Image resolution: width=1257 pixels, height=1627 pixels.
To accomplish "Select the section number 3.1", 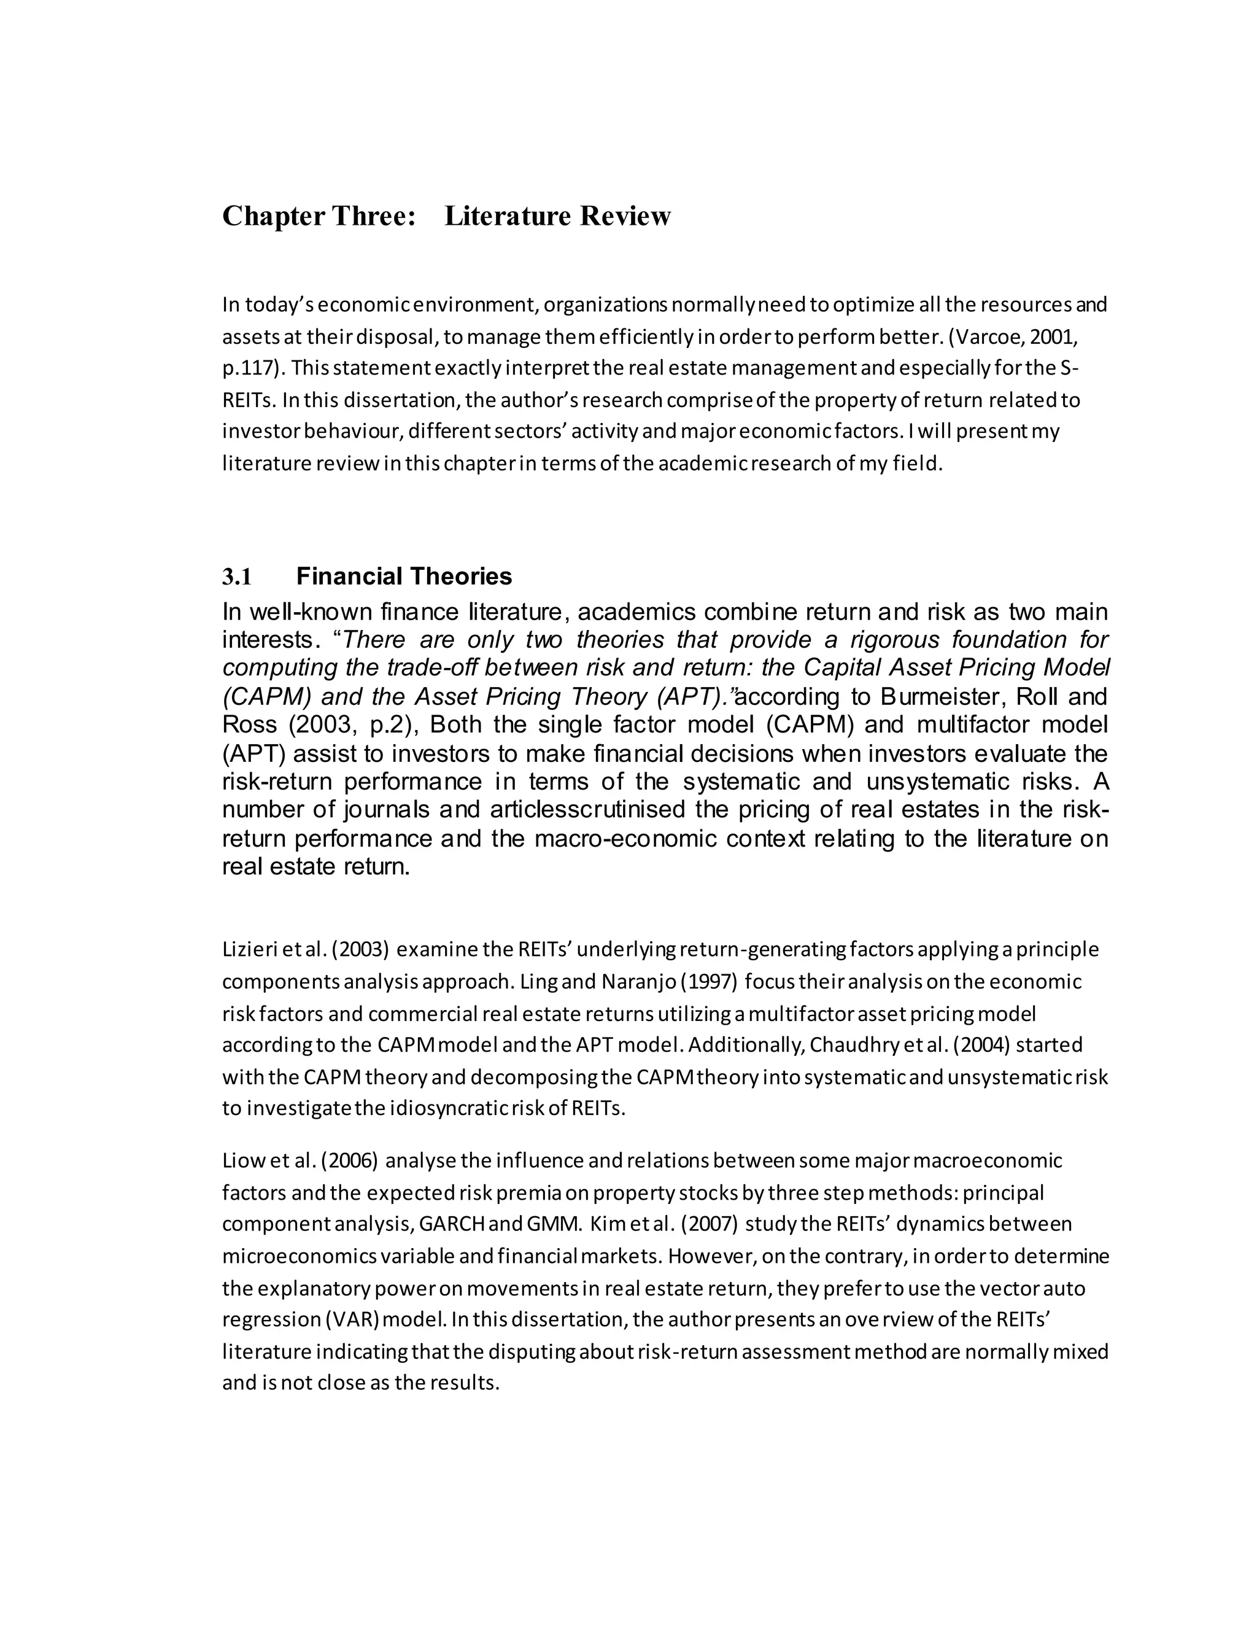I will pos(237,577).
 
